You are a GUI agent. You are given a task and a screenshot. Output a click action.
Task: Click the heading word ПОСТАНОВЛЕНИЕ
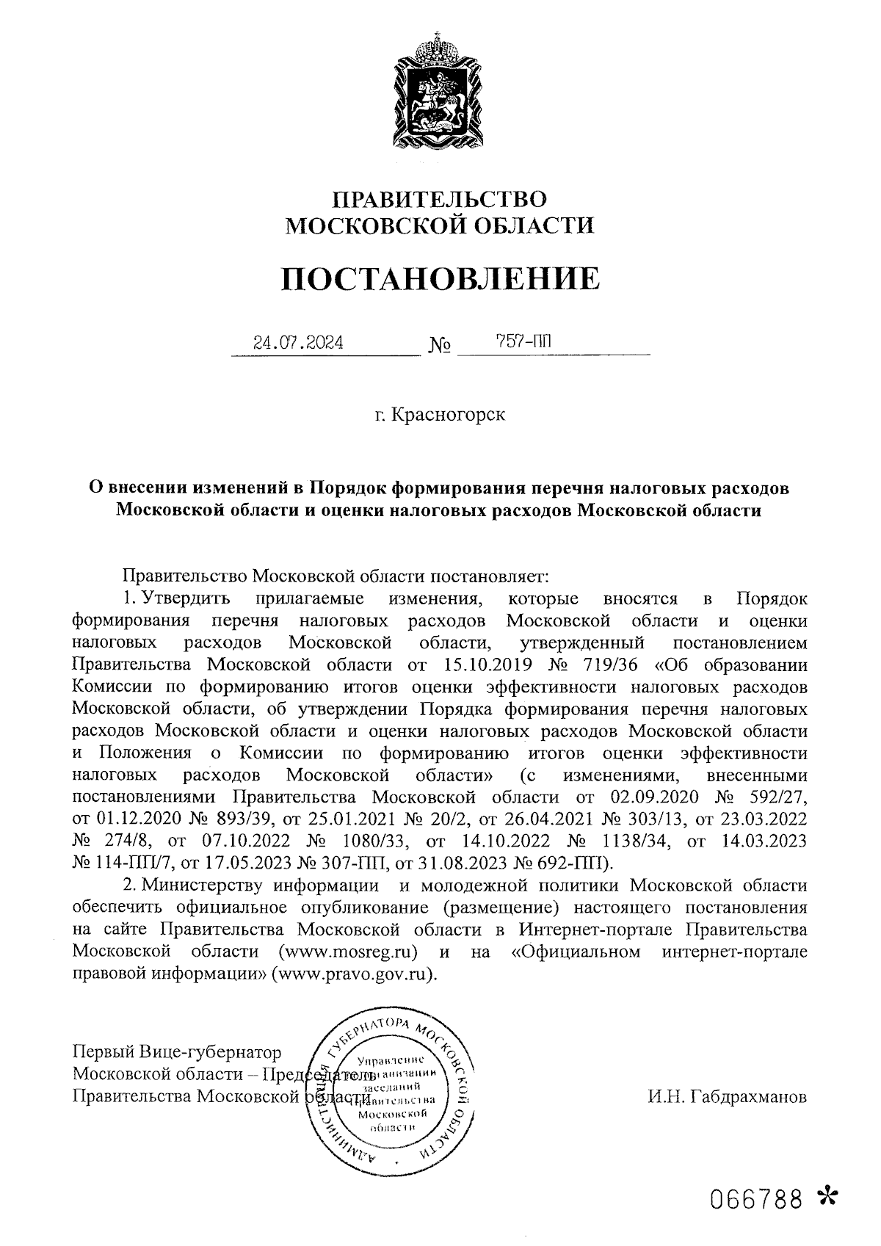[x=440, y=279]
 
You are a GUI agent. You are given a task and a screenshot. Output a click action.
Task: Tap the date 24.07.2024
[x=297, y=342]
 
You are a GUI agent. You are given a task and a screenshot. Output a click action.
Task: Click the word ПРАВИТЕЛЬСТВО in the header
[x=440, y=200]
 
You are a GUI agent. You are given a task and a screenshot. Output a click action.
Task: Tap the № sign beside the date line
[x=438, y=344]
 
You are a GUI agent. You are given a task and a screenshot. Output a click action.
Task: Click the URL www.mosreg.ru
[x=349, y=952]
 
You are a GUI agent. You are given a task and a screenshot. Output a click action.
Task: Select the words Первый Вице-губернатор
[x=177, y=1054]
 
